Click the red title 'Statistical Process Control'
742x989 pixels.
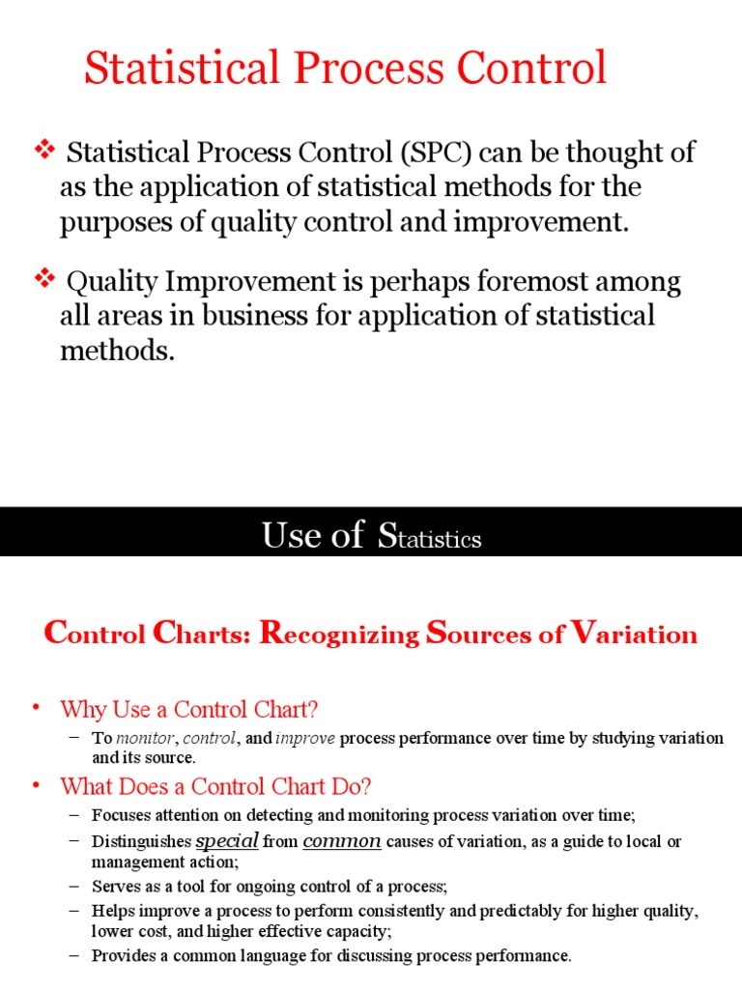coord(346,70)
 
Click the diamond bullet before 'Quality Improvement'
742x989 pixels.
coord(45,280)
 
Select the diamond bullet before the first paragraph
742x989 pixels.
coord(45,150)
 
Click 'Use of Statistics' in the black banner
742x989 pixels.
coord(371,534)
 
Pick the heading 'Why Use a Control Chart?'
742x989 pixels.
coord(189,710)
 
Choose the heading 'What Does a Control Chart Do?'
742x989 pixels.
coord(215,785)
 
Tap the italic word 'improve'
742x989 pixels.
coord(305,738)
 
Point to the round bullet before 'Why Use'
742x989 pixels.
coord(38,708)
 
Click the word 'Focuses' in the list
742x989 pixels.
coord(120,813)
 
